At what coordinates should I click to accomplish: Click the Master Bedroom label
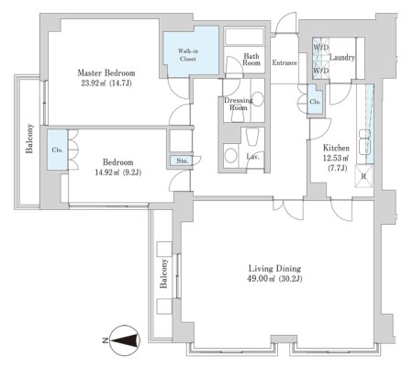(x=106, y=73)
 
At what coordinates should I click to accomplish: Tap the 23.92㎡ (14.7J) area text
(x=106, y=83)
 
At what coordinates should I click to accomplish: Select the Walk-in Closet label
(x=187, y=55)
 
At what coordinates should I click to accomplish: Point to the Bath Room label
(x=251, y=60)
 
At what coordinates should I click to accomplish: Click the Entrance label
(x=285, y=62)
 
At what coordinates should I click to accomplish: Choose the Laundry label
(x=342, y=58)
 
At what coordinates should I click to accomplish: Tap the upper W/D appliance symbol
(x=320, y=48)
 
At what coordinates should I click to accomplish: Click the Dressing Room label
(x=239, y=104)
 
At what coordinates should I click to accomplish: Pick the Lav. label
(x=253, y=157)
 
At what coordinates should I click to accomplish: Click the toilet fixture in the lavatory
(x=252, y=137)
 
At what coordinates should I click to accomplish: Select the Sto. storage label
(x=183, y=161)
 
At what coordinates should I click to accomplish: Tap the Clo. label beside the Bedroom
(x=57, y=150)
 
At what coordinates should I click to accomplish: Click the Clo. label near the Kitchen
(x=315, y=102)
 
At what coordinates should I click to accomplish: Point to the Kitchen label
(x=336, y=148)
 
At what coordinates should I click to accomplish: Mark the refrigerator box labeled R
(x=363, y=176)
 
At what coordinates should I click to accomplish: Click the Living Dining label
(x=274, y=269)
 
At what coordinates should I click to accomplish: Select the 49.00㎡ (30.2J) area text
(x=274, y=279)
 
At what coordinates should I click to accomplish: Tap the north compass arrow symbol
(x=125, y=340)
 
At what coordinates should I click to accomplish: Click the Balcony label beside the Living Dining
(x=163, y=273)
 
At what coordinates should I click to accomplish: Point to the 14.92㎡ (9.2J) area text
(x=118, y=172)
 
